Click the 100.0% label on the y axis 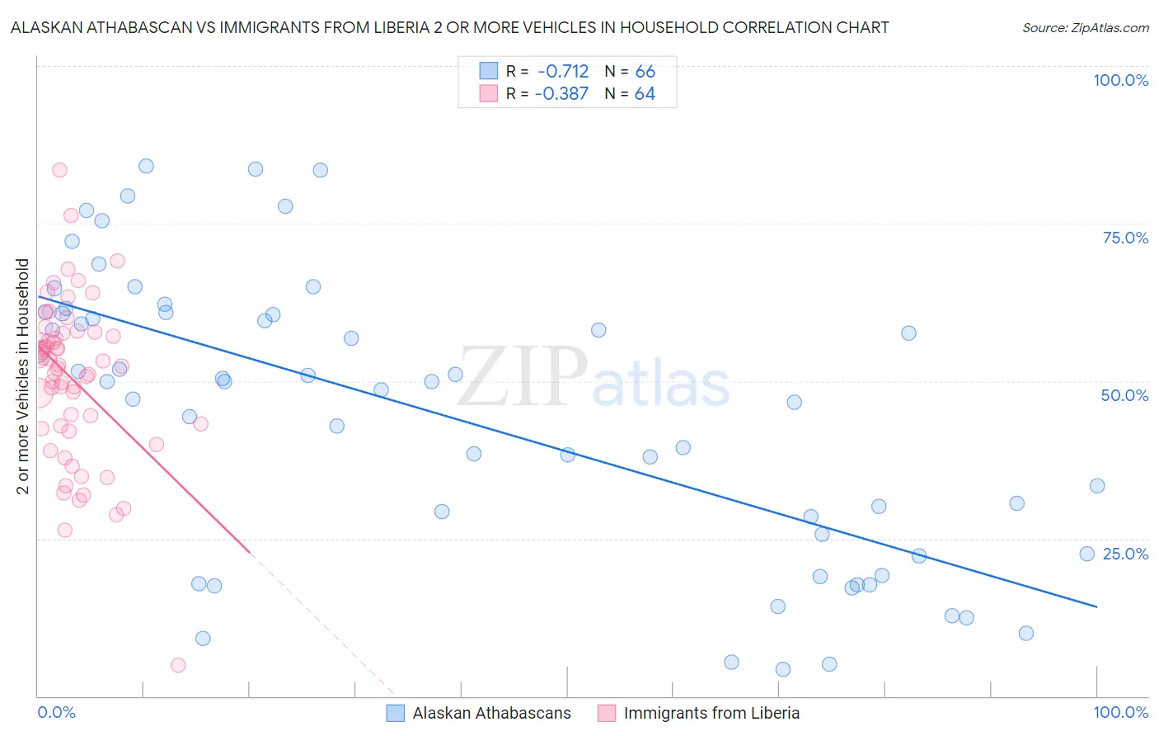1120,80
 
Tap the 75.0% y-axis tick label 1125,238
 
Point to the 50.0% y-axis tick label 1124,395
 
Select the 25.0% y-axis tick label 1125,554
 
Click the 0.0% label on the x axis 56,712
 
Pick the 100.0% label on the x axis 1120,712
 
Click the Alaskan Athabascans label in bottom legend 491,713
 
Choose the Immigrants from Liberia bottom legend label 711,713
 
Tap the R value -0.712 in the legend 563,72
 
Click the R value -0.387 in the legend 561,94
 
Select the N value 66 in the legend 645,72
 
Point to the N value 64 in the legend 645,94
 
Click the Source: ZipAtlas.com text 1085,28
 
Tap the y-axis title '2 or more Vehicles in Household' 23,376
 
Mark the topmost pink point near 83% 59,170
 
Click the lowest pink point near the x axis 178,665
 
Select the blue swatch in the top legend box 489,71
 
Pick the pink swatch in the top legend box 489,93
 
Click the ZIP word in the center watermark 523,376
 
